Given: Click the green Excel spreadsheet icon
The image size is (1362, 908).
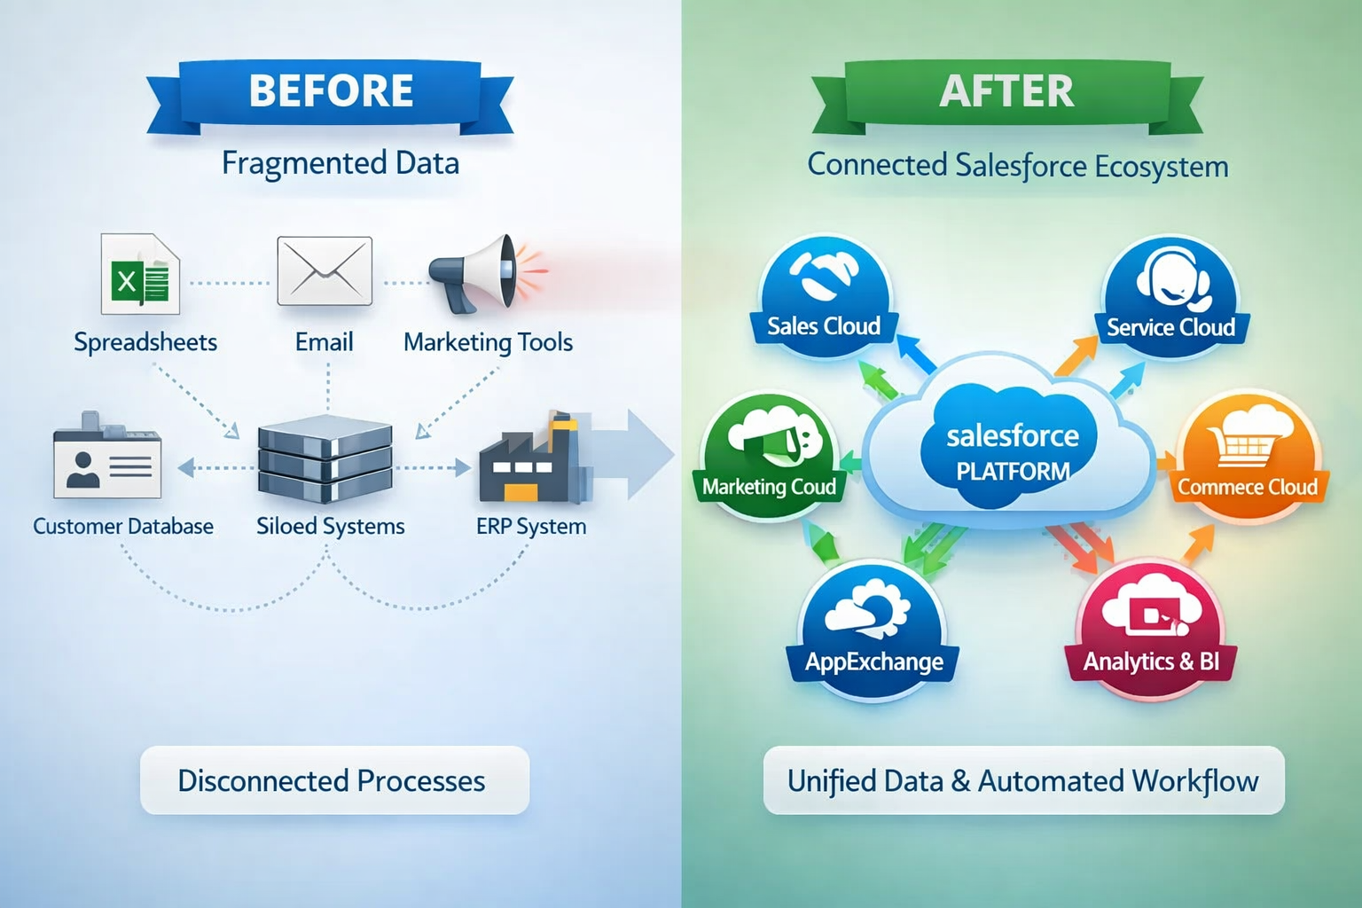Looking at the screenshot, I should tap(140, 275).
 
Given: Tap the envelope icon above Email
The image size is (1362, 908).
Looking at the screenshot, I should tap(325, 270).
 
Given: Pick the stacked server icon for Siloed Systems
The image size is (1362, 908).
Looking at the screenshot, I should tap(325, 459).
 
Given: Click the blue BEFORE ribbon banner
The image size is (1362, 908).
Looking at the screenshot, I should tap(330, 91).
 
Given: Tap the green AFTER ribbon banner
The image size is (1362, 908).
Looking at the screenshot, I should tap(1006, 91).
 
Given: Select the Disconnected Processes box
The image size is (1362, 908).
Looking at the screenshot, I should tap(334, 780).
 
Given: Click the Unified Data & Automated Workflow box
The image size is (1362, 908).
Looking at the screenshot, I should tap(1023, 780).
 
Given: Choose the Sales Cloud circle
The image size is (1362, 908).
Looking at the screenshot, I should tap(825, 297).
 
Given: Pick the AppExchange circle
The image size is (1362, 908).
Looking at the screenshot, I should tap(873, 630).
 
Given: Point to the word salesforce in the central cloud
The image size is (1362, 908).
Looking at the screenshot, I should tap(1013, 436).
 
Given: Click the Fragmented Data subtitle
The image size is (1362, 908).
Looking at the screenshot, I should tap(340, 163).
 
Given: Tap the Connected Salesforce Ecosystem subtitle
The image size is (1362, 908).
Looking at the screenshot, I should tap(1017, 166).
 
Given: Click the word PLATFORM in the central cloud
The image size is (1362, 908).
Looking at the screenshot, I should tap(1013, 472).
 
